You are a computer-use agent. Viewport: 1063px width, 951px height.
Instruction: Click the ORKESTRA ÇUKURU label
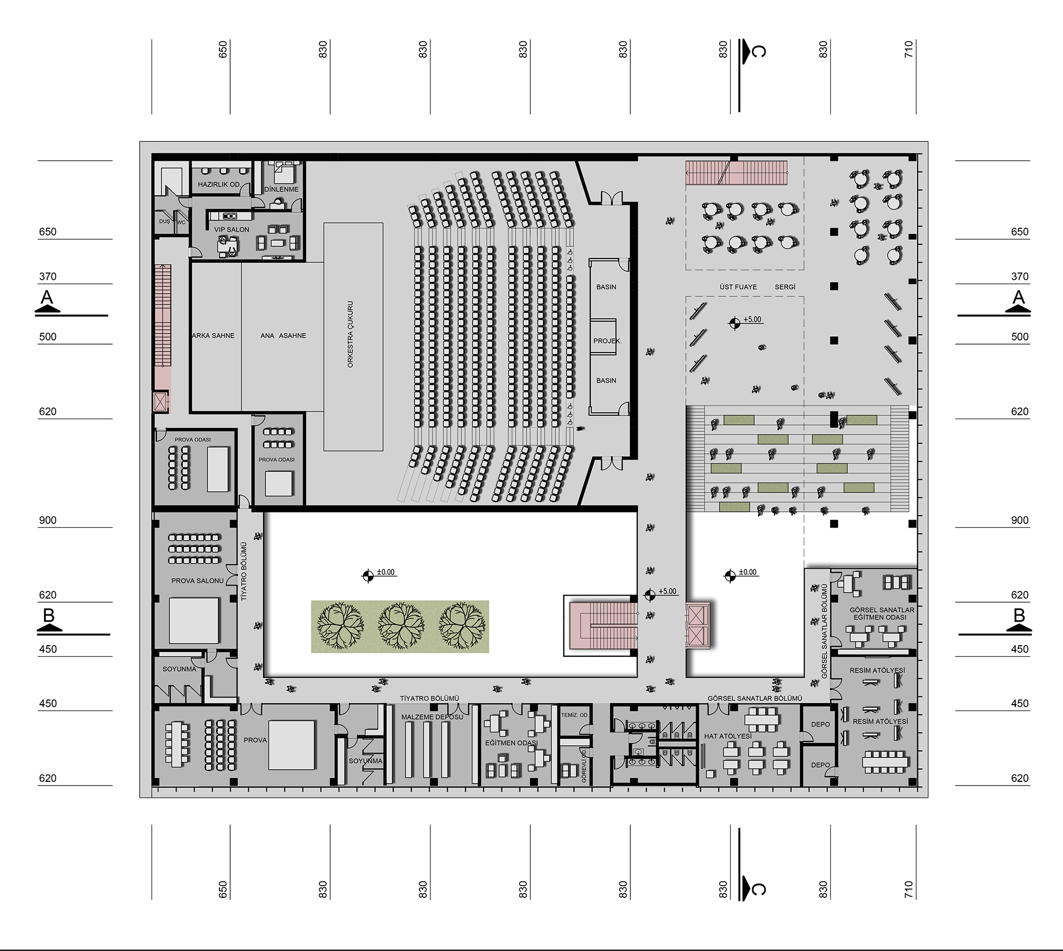coord(350,335)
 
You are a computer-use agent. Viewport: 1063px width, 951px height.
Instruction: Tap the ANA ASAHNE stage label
coord(283,336)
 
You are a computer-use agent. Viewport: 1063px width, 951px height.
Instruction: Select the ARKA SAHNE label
coord(213,336)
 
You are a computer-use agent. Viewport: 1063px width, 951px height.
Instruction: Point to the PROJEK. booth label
coord(607,341)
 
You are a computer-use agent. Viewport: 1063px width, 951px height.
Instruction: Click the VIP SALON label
coord(232,230)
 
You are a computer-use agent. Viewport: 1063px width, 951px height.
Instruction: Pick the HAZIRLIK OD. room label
coord(219,185)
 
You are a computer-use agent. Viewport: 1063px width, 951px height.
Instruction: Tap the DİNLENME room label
coord(282,189)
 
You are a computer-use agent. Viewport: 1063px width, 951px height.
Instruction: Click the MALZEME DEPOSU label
coord(432,717)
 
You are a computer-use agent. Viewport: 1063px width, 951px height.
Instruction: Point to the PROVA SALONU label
coord(197,581)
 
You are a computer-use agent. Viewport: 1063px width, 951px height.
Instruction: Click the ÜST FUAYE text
coord(738,287)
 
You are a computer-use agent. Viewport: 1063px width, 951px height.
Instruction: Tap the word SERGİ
coord(785,287)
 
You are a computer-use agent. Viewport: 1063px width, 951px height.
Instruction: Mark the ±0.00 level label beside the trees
coord(386,572)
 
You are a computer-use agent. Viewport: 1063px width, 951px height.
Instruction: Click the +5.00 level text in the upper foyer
coord(752,320)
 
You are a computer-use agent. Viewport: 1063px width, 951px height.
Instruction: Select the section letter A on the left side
coord(47,297)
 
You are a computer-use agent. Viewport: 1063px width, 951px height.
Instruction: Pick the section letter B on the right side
coord(1019,615)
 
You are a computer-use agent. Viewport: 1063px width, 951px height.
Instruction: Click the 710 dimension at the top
coord(908,49)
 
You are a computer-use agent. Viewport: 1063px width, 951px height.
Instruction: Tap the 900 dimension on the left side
coord(47,520)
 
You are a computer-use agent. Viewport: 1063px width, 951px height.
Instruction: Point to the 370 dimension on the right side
coord(1020,277)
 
